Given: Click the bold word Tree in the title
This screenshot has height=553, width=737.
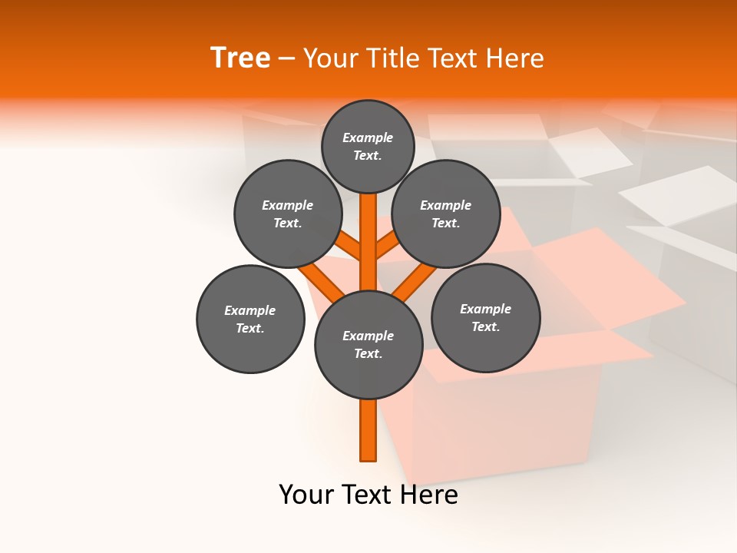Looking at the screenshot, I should click(x=240, y=58).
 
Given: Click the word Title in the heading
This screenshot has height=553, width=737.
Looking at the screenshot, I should click(x=394, y=58).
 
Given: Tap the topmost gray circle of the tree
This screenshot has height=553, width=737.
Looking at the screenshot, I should click(x=368, y=146).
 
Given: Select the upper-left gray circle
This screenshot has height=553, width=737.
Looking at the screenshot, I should click(x=288, y=214).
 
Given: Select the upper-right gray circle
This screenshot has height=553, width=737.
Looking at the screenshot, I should click(x=446, y=214).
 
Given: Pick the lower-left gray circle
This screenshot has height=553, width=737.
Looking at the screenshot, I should click(x=250, y=319).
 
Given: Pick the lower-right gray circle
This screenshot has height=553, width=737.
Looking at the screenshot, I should click(x=486, y=317).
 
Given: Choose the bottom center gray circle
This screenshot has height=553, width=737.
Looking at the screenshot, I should click(x=368, y=345).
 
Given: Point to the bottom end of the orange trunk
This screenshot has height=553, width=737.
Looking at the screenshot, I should click(x=368, y=459).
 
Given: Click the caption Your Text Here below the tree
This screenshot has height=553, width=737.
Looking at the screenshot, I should click(x=368, y=495).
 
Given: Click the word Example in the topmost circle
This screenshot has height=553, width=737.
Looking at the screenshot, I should click(x=368, y=137).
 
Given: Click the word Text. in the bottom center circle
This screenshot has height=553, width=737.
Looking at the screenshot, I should click(x=368, y=354).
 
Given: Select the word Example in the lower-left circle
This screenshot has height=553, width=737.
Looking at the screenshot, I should click(x=250, y=310).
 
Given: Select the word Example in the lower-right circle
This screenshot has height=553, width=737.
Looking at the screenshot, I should click(x=486, y=309).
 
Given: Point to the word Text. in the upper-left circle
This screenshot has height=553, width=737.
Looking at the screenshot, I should click(x=288, y=223).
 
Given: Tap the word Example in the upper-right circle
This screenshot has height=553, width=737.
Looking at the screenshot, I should click(x=446, y=205).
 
